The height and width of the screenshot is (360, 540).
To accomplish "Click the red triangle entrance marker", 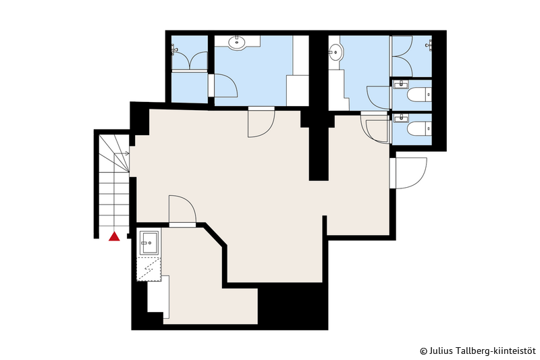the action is tap(114, 236).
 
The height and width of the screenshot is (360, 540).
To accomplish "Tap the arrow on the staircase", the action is tap(122, 153).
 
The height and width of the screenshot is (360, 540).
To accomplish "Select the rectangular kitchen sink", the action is tap(149, 243).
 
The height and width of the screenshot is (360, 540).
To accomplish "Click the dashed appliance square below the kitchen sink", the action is tap(149, 269).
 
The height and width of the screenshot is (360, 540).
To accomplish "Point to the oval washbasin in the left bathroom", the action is tap(237, 42).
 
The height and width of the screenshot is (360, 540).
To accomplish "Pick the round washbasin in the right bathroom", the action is tap(335, 53).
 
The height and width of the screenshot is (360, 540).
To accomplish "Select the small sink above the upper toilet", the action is tap(400, 84).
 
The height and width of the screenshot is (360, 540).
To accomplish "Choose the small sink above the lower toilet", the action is tap(400, 118).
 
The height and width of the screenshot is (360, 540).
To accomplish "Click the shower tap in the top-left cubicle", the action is tap(174, 49).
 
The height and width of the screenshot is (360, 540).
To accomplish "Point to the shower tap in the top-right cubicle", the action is tap(429, 45).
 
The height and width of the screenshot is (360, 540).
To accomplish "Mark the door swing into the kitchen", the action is tap(182, 210).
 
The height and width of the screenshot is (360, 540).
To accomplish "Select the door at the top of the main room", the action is tap(261, 122).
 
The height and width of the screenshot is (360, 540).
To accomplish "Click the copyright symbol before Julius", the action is tap(423, 351).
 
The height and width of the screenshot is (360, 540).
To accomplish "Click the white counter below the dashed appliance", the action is tap(159, 297).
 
